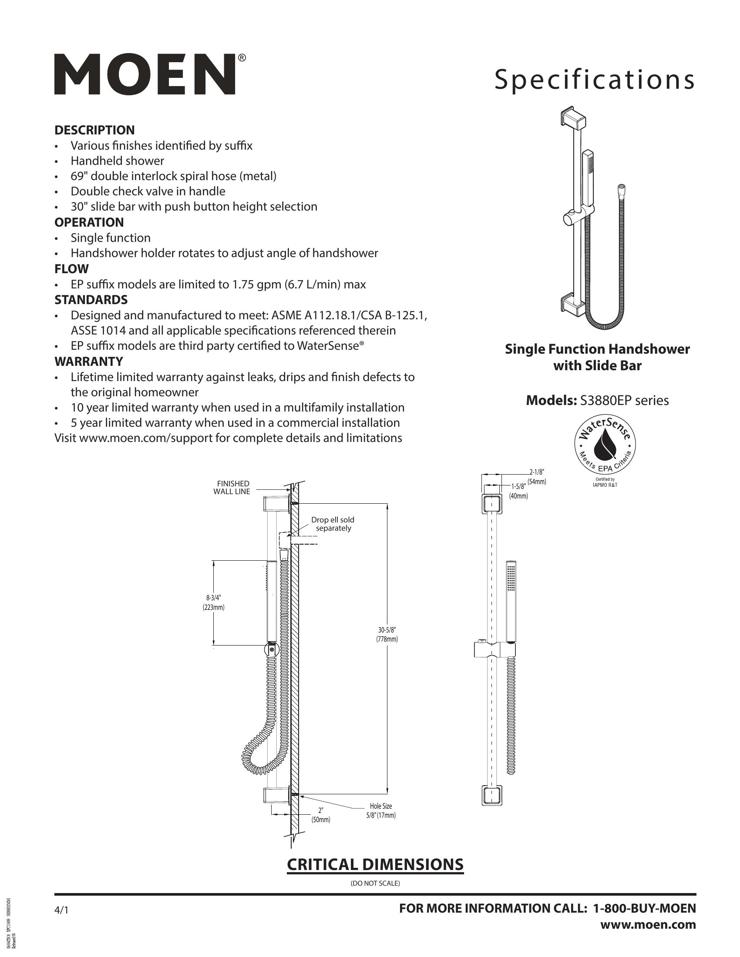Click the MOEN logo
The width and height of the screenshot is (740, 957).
click(x=145, y=74)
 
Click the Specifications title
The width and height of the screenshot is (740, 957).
click(x=595, y=80)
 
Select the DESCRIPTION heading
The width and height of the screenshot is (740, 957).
click(x=94, y=130)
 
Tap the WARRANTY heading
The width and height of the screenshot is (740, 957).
click(x=88, y=361)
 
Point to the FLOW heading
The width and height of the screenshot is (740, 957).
click(x=71, y=268)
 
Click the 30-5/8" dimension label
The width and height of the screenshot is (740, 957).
click(x=387, y=635)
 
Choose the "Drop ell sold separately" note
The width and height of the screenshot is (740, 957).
click(x=333, y=524)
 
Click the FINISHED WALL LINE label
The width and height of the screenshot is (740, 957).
click(x=232, y=488)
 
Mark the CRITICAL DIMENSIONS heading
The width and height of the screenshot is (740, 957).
click(x=375, y=864)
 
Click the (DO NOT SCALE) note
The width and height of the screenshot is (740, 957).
click(x=375, y=883)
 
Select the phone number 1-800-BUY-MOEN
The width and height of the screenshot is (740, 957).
click(x=644, y=908)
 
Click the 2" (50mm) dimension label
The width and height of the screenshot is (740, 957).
click(x=321, y=815)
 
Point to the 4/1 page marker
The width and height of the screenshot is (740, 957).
click(x=61, y=910)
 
